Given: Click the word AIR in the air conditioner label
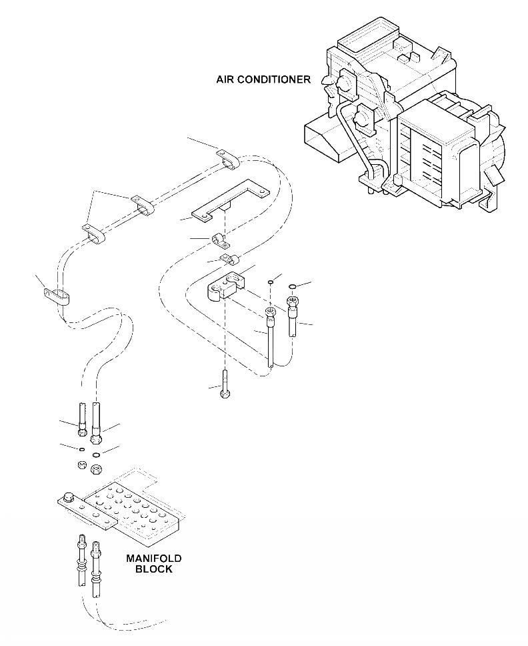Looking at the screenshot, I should [x=225, y=79].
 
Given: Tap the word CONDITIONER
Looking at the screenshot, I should [x=273, y=79].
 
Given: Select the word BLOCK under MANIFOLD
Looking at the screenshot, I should [x=153, y=569].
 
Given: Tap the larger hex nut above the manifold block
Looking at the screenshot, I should [x=95, y=469].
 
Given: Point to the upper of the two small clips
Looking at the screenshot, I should [x=219, y=240].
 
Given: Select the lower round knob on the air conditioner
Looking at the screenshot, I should [x=363, y=120].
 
